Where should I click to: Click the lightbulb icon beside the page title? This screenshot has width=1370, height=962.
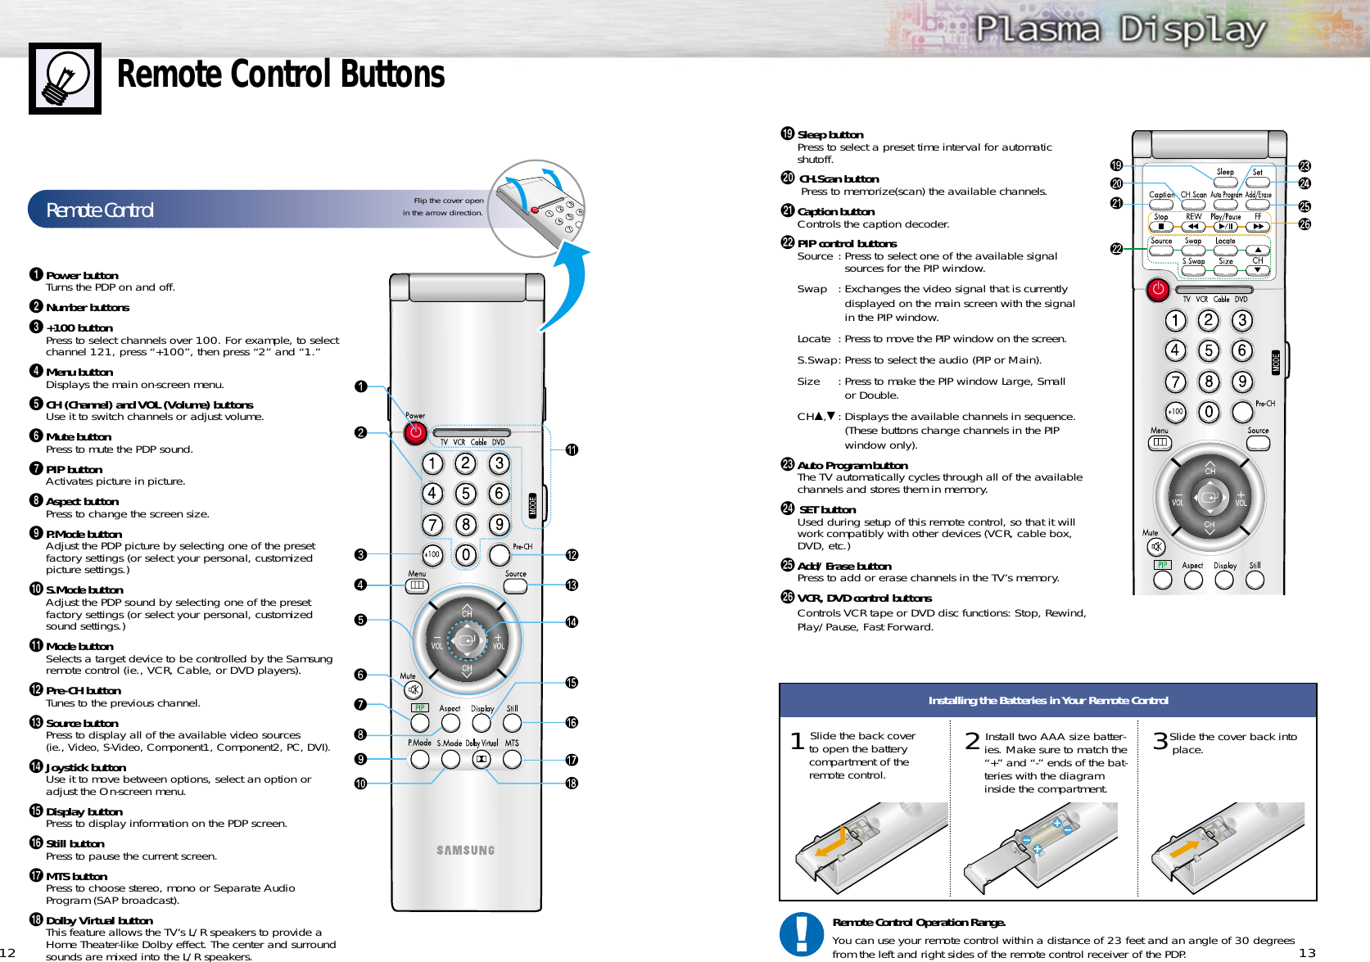pos(65,79)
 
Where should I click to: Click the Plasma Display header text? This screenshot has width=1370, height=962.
pos(1120,30)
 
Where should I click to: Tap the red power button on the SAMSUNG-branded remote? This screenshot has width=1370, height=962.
pos(415,432)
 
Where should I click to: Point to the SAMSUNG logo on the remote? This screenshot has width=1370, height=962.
pos(465,851)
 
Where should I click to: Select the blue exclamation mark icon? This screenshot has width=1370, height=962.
pos(802,934)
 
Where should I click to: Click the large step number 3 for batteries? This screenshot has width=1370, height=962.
pos(1160,741)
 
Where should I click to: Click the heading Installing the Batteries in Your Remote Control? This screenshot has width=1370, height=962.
pos(1047,701)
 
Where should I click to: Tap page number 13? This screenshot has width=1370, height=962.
pos(1306,952)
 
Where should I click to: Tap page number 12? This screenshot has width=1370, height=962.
pos(7,952)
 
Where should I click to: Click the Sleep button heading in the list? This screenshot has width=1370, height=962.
pos(830,135)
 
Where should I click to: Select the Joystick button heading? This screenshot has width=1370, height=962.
pos(85,768)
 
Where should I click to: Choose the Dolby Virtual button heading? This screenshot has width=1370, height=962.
pos(98,920)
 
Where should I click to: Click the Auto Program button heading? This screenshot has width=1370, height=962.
pos(852,465)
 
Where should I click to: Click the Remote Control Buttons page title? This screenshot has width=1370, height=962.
pos(280,75)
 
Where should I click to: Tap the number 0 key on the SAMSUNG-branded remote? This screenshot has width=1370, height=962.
pos(466,555)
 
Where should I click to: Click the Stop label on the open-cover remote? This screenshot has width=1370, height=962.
pos(1160,217)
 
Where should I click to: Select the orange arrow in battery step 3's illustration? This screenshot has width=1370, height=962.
pos(1184,847)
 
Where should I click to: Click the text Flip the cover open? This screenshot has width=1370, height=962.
pos(448,201)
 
